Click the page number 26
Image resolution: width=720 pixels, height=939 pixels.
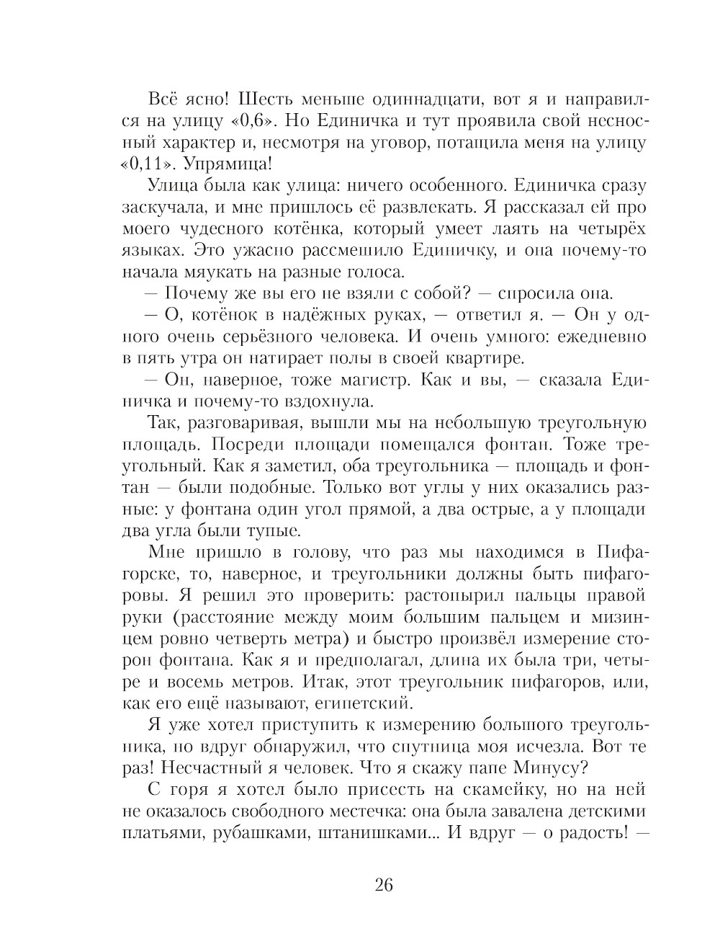pos(383,886)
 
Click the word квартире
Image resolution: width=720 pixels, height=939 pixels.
pos(491,359)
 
